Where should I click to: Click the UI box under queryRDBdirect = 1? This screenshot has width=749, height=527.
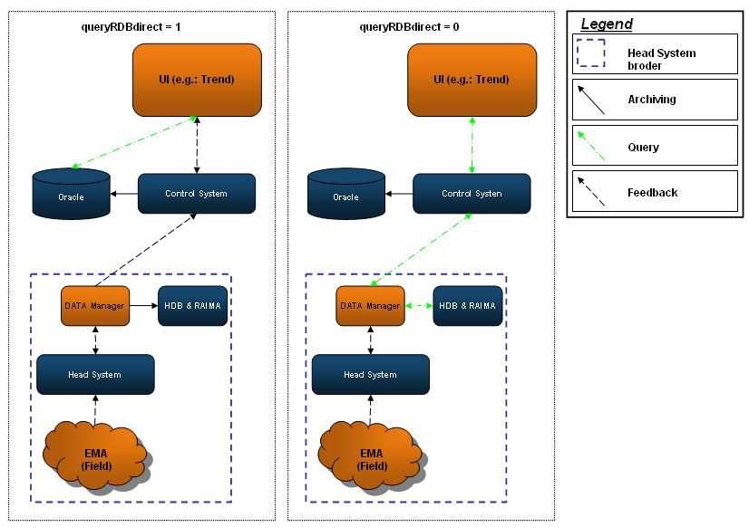click(x=197, y=80)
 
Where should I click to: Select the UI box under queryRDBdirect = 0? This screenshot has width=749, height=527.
click(x=472, y=80)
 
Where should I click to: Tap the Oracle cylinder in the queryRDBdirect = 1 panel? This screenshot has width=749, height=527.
click(x=71, y=194)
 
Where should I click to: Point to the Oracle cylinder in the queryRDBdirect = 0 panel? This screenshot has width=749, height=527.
click(x=345, y=194)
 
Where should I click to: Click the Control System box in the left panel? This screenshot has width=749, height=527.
click(x=197, y=194)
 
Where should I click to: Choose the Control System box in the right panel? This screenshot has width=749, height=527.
click(x=472, y=194)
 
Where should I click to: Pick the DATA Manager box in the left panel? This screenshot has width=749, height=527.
click(x=94, y=306)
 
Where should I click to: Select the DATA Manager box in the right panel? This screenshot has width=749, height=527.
click(x=369, y=306)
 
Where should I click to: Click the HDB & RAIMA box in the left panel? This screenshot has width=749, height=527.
click(x=192, y=306)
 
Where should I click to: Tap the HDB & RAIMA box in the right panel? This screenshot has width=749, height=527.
click(x=468, y=306)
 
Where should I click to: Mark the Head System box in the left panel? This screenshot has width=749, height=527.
click(x=95, y=374)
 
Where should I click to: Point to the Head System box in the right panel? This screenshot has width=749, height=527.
click(x=370, y=374)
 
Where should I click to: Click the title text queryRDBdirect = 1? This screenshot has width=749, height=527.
click(x=131, y=27)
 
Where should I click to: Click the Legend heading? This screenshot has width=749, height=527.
click(x=607, y=24)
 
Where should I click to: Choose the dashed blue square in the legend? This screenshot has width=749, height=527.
click(x=592, y=53)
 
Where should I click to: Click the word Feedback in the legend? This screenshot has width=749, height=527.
click(x=652, y=193)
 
